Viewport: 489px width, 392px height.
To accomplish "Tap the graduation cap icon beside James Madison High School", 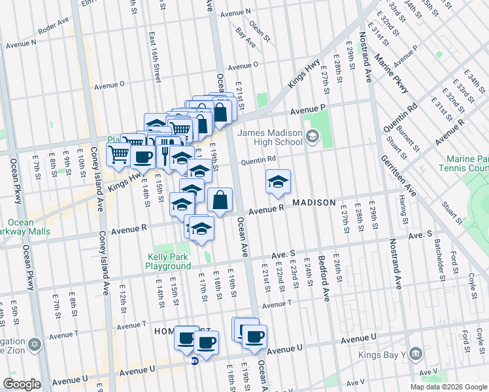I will pos(312,137).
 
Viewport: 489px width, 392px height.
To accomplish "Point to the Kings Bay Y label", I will pos(380,355).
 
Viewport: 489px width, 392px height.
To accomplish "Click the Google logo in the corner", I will pos(22,385).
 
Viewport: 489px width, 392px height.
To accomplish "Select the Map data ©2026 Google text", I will pos(448,387).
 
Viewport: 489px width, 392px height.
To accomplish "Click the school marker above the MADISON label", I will pos(278,182).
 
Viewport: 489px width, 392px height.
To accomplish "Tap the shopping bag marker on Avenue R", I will pos(220,201).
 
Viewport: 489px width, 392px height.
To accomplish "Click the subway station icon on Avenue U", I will pos(194,361).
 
